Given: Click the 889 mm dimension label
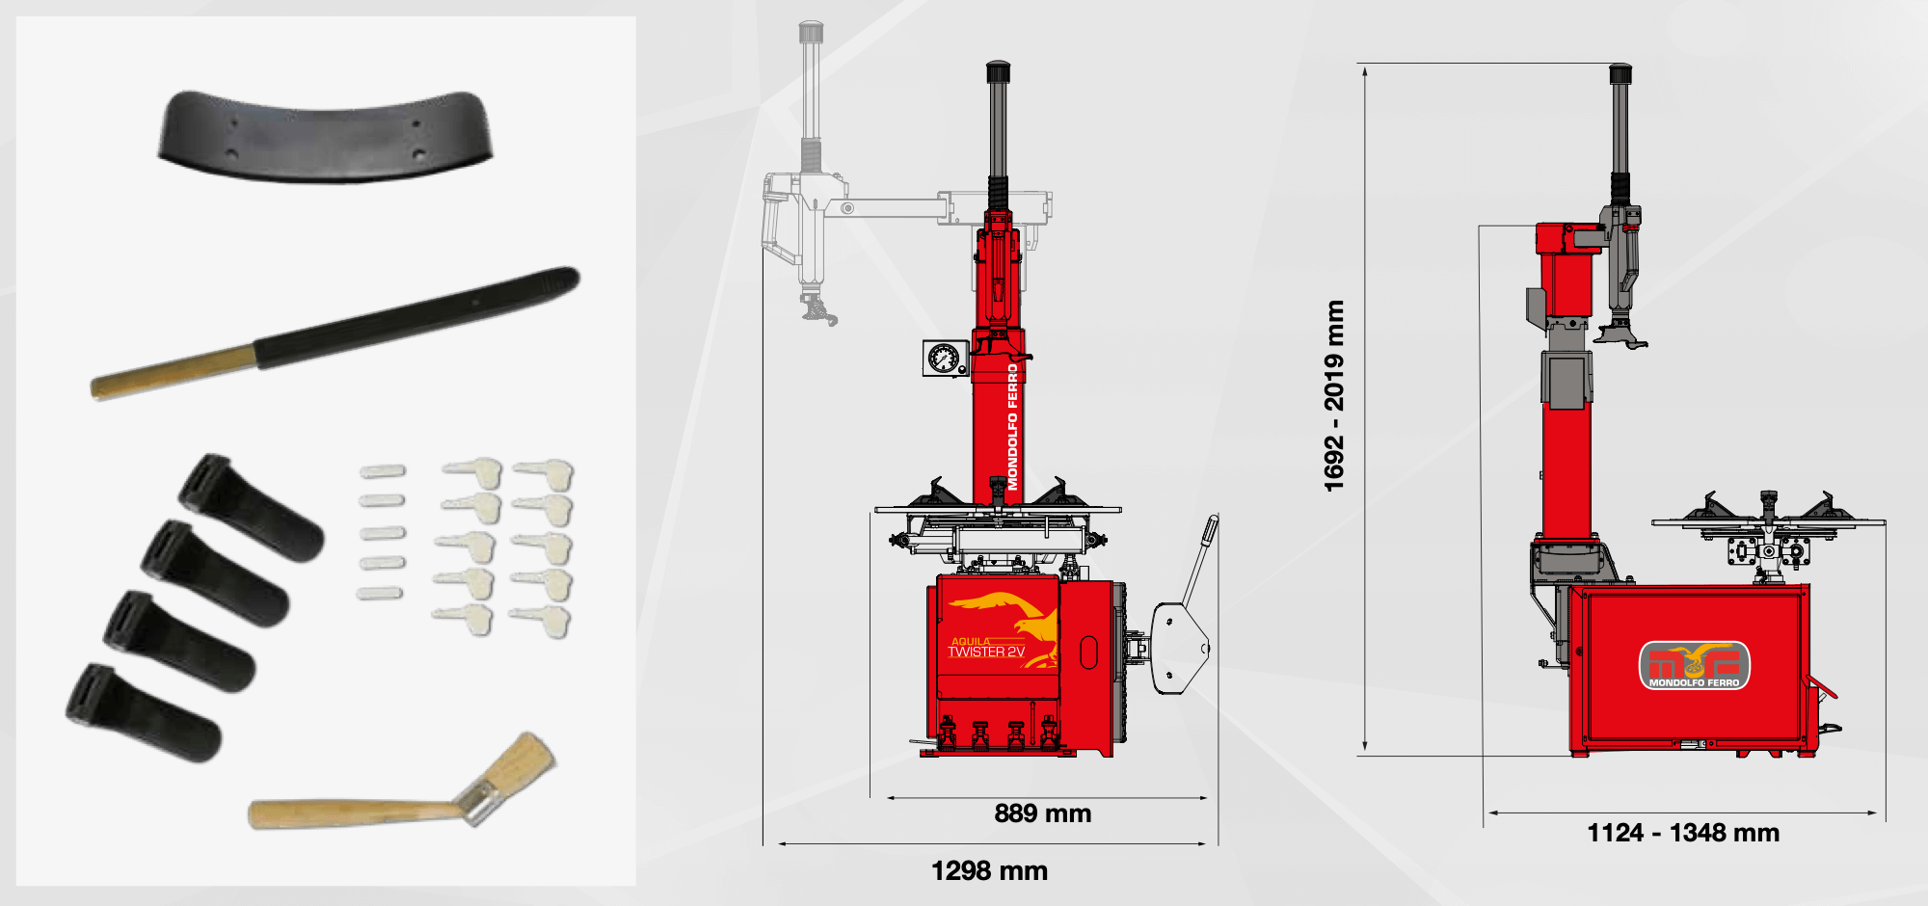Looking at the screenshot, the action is click(1043, 813).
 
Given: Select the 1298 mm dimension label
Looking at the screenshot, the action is click(989, 871).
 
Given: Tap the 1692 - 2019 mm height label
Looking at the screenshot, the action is click(1334, 396).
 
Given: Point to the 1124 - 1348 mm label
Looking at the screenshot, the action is click(1683, 833).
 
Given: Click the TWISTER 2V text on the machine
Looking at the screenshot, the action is click(986, 653).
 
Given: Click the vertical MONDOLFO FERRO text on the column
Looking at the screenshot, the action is click(1012, 426).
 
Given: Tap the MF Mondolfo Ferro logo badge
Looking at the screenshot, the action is click(1694, 665).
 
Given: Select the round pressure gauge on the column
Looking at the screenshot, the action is click(944, 359).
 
